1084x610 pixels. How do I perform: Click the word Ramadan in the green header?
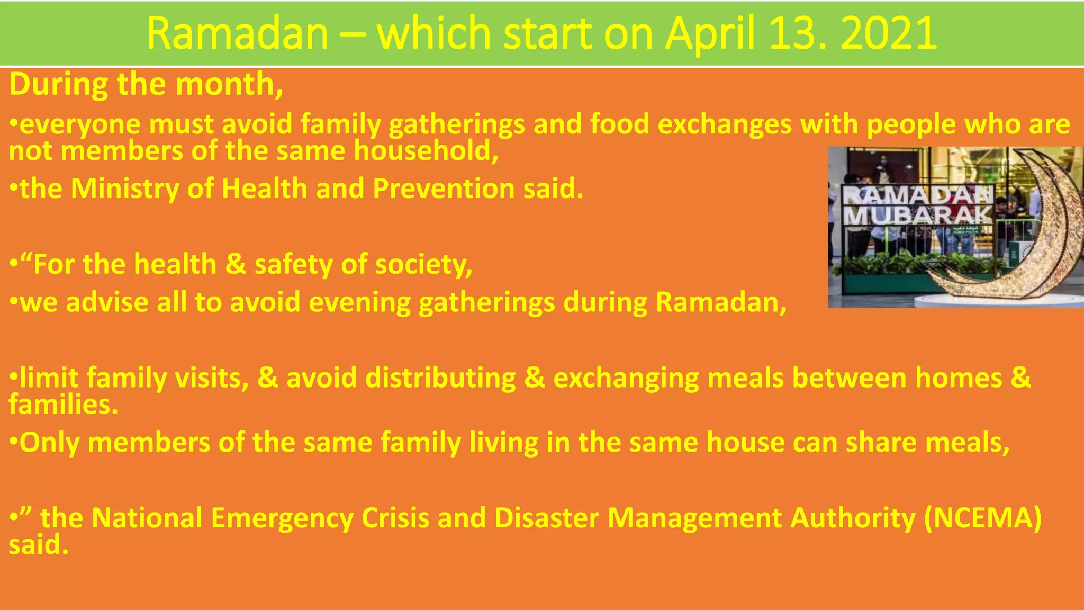(x=238, y=33)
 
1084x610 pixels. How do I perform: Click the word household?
(x=426, y=151)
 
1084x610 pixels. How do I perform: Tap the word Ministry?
(x=125, y=189)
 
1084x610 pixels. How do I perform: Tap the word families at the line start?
(x=63, y=405)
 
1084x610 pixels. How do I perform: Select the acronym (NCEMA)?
(x=982, y=518)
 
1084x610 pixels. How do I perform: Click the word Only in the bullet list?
(x=49, y=443)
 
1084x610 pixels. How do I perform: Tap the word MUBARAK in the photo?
(x=917, y=216)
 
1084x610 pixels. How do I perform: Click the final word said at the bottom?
(x=38, y=545)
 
